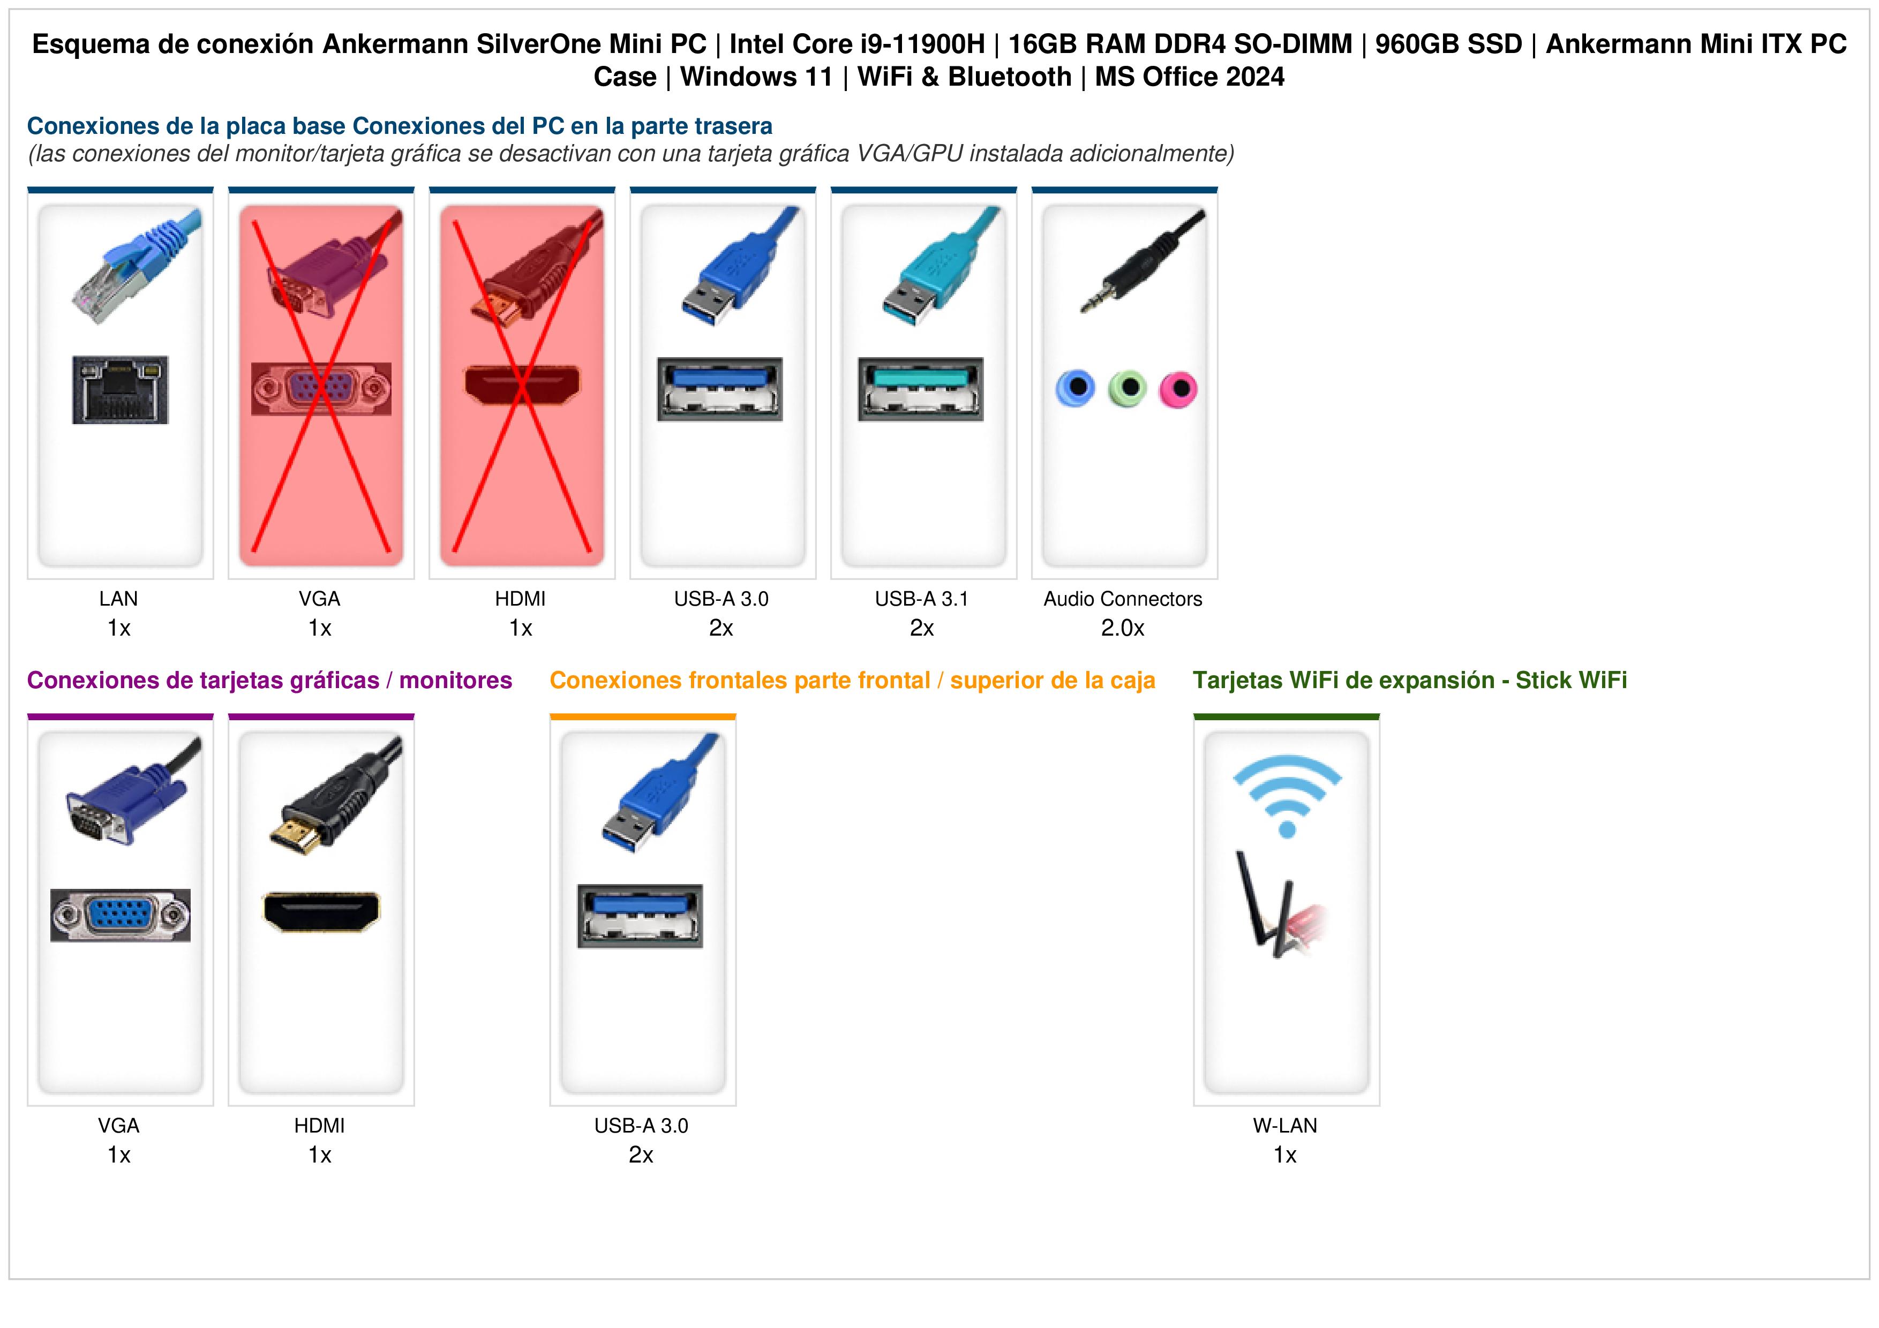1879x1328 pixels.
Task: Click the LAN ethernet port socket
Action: click(121, 389)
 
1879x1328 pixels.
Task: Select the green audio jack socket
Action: click(1127, 389)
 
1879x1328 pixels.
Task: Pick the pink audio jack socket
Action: click(1178, 389)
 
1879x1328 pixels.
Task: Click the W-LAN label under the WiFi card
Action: click(1285, 1126)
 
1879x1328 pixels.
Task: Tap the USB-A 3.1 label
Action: click(921, 599)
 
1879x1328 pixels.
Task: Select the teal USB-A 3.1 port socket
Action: click(921, 389)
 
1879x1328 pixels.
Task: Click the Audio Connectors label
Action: click(1123, 599)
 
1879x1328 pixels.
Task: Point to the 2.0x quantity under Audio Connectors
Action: click(1123, 629)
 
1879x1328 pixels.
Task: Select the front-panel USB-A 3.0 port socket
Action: click(640, 916)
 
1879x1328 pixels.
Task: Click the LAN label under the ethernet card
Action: click(119, 599)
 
